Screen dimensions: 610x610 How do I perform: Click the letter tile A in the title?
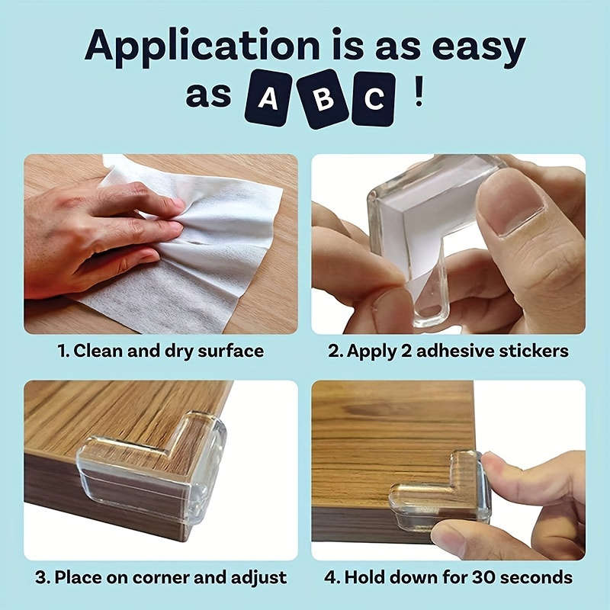[x=268, y=100]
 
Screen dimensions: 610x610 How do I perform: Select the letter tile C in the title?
[x=374, y=98]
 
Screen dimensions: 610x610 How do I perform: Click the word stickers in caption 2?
[x=531, y=351]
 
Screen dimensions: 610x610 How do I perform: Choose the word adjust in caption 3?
[x=261, y=577]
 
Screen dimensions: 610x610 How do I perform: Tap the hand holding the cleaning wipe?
[x=84, y=236]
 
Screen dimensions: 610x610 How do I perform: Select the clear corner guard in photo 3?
[x=160, y=465]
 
